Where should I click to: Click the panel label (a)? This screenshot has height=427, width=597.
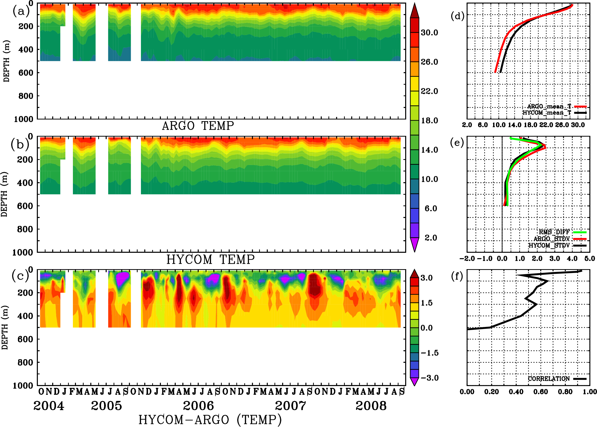point(21,11)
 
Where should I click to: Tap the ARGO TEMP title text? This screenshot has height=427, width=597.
point(198,126)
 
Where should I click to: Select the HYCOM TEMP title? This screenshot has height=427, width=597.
point(211,259)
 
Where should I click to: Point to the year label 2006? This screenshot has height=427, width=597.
point(198,406)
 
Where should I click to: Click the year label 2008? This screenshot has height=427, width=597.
point(371,406)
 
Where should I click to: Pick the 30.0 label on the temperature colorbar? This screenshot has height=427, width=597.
point(429,32)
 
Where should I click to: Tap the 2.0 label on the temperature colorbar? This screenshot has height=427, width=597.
point(430,238)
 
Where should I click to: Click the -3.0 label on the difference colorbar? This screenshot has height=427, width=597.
point(429,378)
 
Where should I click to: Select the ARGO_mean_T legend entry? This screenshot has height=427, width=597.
point(549,106)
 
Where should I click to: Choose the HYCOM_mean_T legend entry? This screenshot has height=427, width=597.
point(547,113)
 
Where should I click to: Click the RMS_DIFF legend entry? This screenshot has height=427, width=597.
point(554,232)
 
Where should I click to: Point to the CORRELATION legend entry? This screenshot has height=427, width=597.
point(549,379)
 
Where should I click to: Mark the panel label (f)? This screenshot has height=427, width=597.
point(457,276)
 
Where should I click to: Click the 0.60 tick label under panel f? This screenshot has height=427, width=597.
point(541,392)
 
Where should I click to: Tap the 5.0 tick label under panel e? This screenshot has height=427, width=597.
point(590,258)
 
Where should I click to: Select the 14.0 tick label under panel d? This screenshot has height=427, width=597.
point(514,125)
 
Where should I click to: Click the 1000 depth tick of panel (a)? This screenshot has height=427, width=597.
point(24,119)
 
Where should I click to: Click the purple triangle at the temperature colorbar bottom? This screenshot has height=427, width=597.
point(415,244)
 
